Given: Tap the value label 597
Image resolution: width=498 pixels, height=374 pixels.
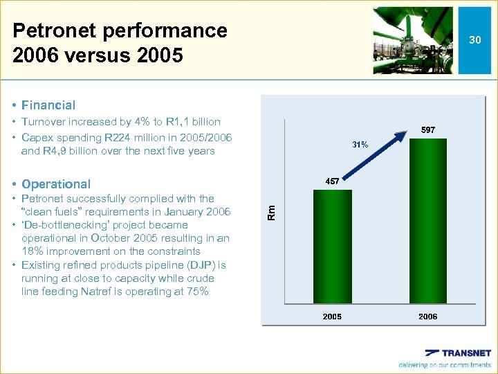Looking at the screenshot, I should (x=428, y=130).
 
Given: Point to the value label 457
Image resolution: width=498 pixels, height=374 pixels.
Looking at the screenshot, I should (x=332, y=181).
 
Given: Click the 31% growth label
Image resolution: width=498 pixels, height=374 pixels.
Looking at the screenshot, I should (x=360, y=145).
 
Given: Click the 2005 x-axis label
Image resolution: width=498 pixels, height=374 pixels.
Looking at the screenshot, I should (x=332, y=317).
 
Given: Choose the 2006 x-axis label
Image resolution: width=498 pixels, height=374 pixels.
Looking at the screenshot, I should (x=428, y=317).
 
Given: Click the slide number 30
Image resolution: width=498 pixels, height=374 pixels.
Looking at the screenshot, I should (x=474, y=40).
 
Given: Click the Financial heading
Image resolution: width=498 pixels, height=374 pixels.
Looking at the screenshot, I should (x=48, y=105).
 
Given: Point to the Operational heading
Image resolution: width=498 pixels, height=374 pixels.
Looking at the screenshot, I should (x=55, y=184).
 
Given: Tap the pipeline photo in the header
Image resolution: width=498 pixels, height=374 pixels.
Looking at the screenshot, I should (x=412, y=40).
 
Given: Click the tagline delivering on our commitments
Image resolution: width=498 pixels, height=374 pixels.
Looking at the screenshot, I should (x=444, y=365).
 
